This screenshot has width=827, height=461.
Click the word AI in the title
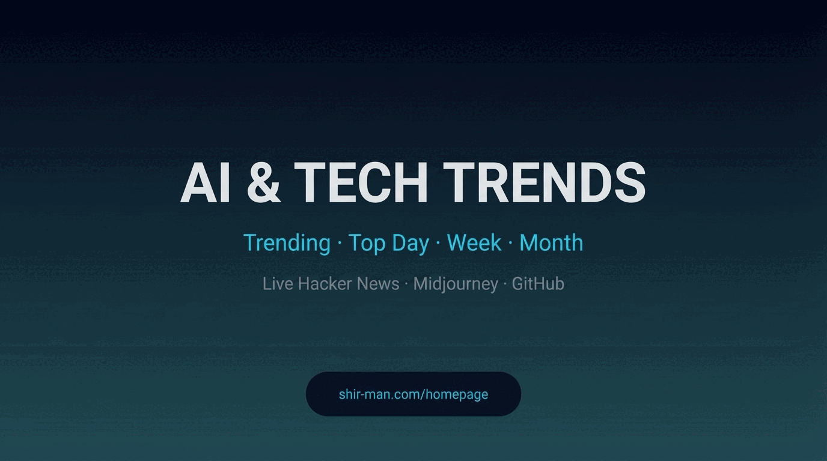coord(205,183)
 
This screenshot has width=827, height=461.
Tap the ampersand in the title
coord(263,183)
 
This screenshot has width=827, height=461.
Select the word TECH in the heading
coord(361,183)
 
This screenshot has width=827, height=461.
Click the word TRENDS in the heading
coord(545,183)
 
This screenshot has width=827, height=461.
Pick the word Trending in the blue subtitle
coord(287,243)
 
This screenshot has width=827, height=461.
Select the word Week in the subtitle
coord(474,243)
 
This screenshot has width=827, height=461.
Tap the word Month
coord(551,243)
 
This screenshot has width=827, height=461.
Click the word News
coord(378,283)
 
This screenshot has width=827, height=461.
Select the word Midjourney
coord(456,283)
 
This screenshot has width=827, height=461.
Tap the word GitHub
coord(538,283)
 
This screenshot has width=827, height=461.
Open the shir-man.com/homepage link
coord(413,394)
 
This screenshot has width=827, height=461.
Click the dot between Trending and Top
coord(340,244)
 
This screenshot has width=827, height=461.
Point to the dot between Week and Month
coord(510,244)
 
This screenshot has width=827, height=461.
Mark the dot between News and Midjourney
coord(406,284)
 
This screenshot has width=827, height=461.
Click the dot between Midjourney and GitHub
coord(505,284)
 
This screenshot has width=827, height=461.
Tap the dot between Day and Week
coord(438,244)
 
